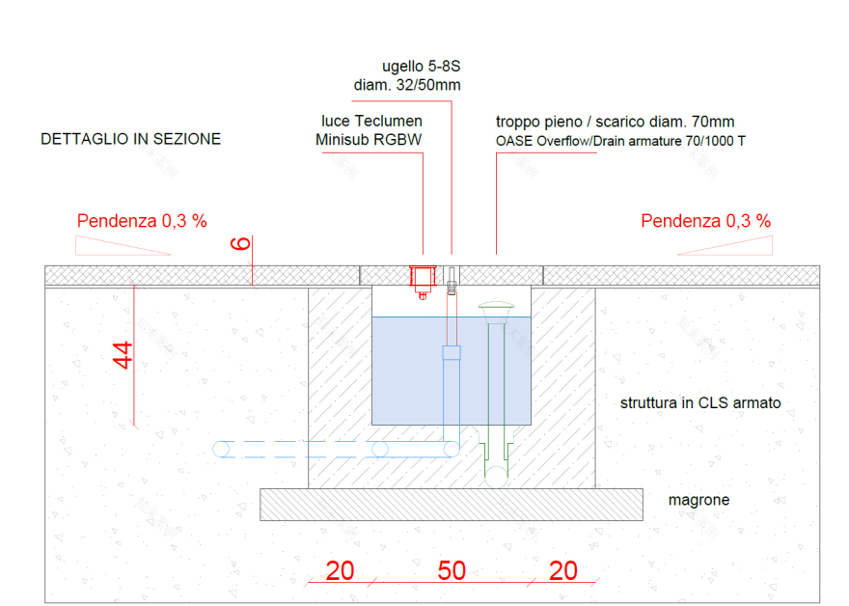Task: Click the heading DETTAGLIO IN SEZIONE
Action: pos(130,139)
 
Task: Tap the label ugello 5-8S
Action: pos(422,66)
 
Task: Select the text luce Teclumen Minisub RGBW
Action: pos(370,130)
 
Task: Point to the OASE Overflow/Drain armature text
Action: pos(620,141)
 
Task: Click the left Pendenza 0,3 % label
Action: pos(142,221)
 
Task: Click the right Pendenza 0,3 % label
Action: pos(706,221)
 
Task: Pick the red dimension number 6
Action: pos(241,244)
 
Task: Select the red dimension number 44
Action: pos(123,355)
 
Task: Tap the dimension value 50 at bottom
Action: pos(452,571)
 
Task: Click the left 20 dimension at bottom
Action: pos(340,571)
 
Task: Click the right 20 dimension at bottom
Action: pos(563,571)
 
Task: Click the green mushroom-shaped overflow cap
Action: pos(496,311)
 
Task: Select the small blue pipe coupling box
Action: pos(452,352)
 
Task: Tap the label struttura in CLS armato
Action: pos(700,403)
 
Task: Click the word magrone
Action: pos(699,500)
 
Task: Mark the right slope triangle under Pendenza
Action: pos(725,245)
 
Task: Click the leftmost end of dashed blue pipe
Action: pos(213,449)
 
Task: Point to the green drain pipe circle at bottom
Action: pos(496,477)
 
